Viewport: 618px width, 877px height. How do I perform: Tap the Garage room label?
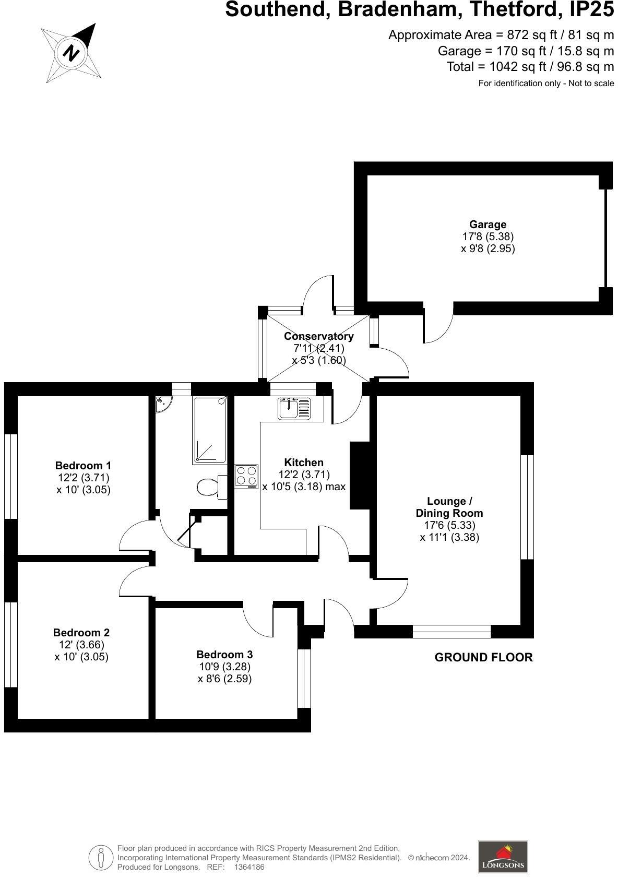coord(488,225)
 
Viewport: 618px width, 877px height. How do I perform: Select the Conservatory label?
coord(318,336)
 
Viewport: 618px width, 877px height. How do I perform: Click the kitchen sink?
coord(294,408)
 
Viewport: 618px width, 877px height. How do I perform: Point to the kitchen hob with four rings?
coord(246,476)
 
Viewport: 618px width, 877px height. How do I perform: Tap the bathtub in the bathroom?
coord(210,430)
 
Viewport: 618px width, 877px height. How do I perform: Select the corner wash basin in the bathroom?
coord(163,404)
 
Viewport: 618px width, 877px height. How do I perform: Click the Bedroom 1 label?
coord(83,465)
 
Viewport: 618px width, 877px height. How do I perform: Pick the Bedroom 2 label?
coord(81,633)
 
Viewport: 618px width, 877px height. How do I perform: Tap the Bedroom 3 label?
coord(224,655)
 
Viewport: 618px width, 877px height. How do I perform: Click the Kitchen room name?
coord(304,463)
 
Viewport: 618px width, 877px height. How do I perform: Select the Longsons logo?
coord(503,856)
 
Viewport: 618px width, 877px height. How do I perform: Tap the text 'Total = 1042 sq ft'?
coord(530,67)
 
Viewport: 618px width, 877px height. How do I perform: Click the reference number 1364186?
coord(249,867)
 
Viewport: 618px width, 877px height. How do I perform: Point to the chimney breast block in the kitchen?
coord(360,475)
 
